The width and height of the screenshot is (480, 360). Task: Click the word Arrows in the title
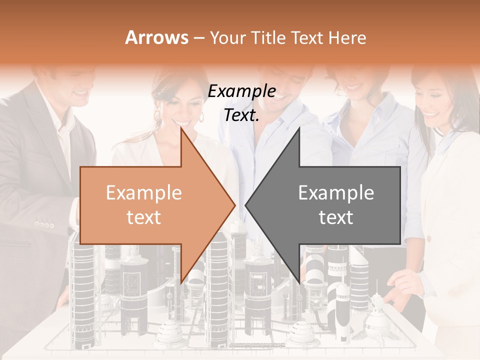coord(156,37)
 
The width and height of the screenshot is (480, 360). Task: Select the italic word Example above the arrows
coord(242,91)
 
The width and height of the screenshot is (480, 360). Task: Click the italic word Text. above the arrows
coord(242,115)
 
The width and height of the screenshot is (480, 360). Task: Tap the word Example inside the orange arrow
coord(144,193)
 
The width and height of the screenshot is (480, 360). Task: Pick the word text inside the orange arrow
coord(144,217)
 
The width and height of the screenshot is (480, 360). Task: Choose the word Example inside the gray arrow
coord(336,193)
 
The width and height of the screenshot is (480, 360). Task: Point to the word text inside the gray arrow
coord(336,217)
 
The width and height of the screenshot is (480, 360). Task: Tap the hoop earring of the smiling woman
coord(201,117)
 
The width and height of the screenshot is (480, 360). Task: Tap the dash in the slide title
coord(198,37)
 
